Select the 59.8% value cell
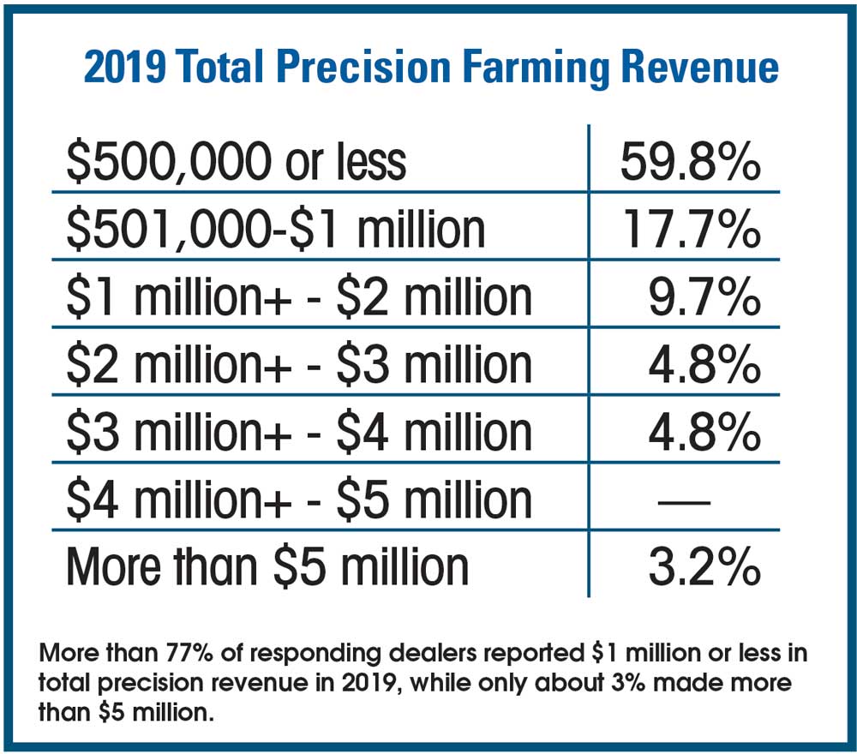pos(690,163)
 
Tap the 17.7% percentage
pos(690,230)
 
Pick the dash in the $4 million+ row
pos(683,501)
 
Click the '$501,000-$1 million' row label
pos(275,230)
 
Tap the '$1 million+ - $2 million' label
pos(299,296)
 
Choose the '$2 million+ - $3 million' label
pos(299,364)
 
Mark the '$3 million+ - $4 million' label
pos(299,432)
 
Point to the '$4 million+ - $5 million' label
pos(299,500)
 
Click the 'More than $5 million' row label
pos(267,567)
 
